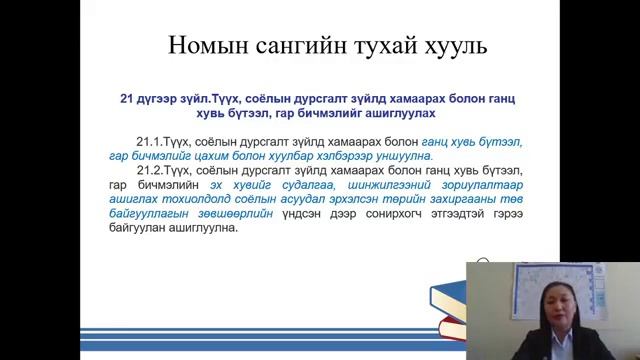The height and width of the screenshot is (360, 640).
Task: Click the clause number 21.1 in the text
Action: coord(148,142)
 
